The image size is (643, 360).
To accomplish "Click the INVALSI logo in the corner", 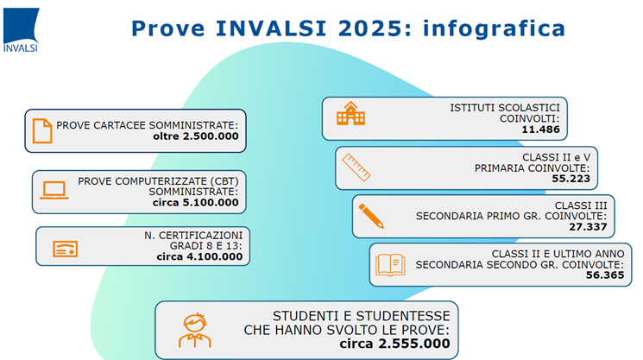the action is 21,30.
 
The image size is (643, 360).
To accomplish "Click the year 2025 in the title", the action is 375,28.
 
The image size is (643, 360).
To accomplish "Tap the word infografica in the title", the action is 495,28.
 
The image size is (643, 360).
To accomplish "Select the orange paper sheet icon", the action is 42,131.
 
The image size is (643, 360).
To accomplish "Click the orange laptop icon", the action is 54,190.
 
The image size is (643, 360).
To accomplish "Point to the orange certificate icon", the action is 66,249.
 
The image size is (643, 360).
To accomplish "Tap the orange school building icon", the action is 350,114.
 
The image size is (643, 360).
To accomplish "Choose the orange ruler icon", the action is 356,167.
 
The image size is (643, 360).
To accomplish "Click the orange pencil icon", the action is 371,216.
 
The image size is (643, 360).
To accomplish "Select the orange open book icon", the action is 390,265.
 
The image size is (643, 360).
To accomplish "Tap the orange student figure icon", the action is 195,331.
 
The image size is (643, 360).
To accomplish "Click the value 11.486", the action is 540,129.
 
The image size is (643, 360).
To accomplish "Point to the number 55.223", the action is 571,179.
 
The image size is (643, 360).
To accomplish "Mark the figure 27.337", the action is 588,227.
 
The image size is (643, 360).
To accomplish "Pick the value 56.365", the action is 605,275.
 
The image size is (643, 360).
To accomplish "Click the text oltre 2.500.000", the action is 196,136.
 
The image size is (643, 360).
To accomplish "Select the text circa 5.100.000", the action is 196,203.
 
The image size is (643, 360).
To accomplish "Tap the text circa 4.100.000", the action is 199,256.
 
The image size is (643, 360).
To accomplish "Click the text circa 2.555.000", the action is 394,344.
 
